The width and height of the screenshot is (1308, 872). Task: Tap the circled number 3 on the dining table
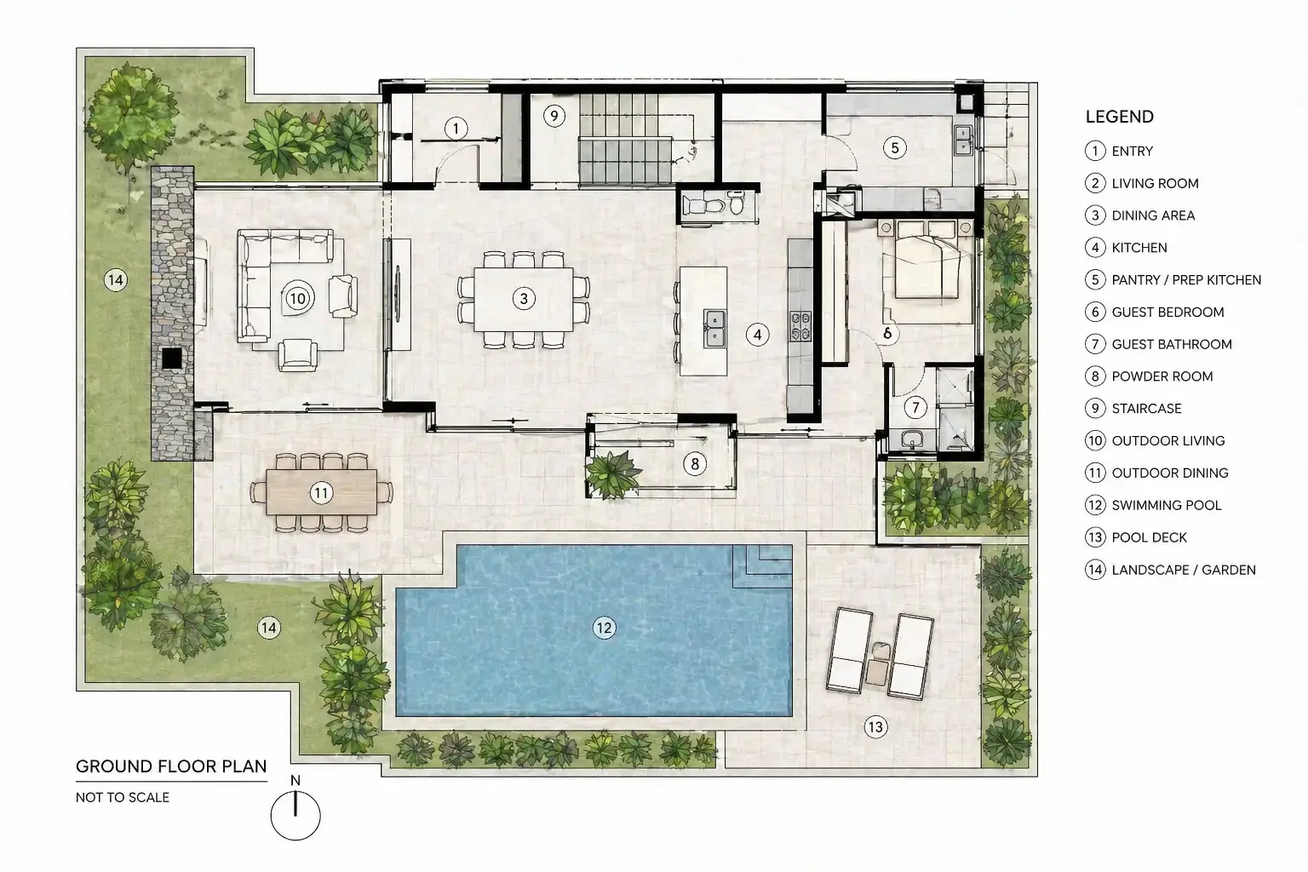coord(524,299)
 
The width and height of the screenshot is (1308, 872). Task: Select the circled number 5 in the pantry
coord(895,148)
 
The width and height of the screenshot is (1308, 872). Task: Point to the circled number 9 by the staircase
coord(554,116)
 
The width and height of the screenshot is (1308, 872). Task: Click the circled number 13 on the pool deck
coord(875,727)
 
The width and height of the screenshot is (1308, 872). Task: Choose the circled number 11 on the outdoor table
coord(321,493)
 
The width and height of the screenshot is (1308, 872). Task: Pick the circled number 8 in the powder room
coord(695,464)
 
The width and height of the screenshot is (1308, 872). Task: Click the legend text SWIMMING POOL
coord(1167,505)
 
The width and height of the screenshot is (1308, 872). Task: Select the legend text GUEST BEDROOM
coord(1167,312)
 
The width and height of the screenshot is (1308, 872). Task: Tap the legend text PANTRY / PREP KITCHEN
coord(1186,280)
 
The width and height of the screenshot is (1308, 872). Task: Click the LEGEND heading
coord(1120,117)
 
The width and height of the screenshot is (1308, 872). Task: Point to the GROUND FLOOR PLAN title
coord(171,766)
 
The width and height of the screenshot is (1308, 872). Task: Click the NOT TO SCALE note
coord(123,797)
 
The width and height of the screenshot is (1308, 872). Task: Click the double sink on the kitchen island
coord(714,329)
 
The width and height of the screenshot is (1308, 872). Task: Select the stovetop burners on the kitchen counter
coord(800,326)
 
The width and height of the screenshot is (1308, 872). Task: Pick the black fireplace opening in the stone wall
coord(172,358)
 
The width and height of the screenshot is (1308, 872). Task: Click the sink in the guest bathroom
coord(911,439)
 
